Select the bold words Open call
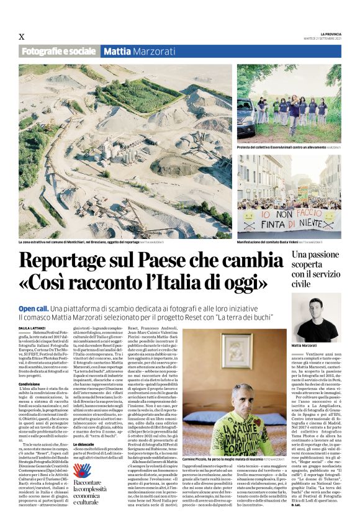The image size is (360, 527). coord(34,309)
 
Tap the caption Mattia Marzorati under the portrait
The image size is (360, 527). coord(305,345)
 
